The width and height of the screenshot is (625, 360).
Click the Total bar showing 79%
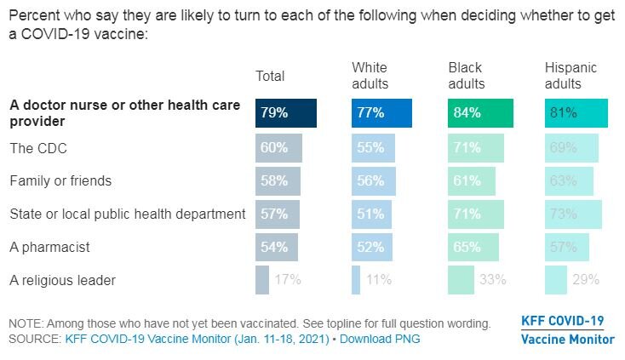pos(286,113)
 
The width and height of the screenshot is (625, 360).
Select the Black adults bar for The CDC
pos(476,149)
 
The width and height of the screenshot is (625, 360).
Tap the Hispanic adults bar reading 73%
pos(573,214)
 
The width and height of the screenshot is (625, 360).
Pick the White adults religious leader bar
pos(356,280)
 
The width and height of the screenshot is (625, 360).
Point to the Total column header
pos(270,77)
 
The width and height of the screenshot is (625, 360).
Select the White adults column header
pos(370,76)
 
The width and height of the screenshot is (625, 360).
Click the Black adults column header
pos(467,76)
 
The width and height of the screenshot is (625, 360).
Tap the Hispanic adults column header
pos(571,76)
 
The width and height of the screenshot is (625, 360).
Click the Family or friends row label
pos(60,181)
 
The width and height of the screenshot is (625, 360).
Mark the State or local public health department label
pos(127,214)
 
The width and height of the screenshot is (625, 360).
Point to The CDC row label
pos(38,149)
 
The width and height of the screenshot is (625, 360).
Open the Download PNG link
pos(381,339)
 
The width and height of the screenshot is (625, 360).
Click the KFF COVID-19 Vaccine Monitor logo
pos(566,330)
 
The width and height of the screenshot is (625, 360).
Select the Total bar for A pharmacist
pos(277,247)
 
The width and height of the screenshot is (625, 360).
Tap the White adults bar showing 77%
pos(381,113)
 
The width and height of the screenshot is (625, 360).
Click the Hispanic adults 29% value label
pos(586,280)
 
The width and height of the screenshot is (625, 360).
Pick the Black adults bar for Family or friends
pos(472,181)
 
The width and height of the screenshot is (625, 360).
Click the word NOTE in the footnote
pos(26,323)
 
